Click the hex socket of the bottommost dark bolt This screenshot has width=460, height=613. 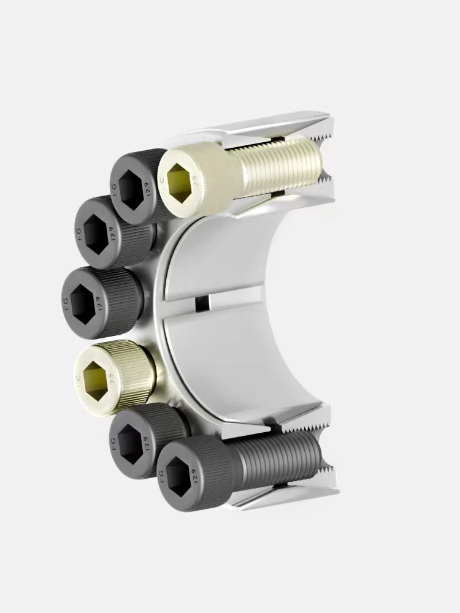pos(178,474)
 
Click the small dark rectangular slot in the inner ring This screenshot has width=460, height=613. pos(201,303)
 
